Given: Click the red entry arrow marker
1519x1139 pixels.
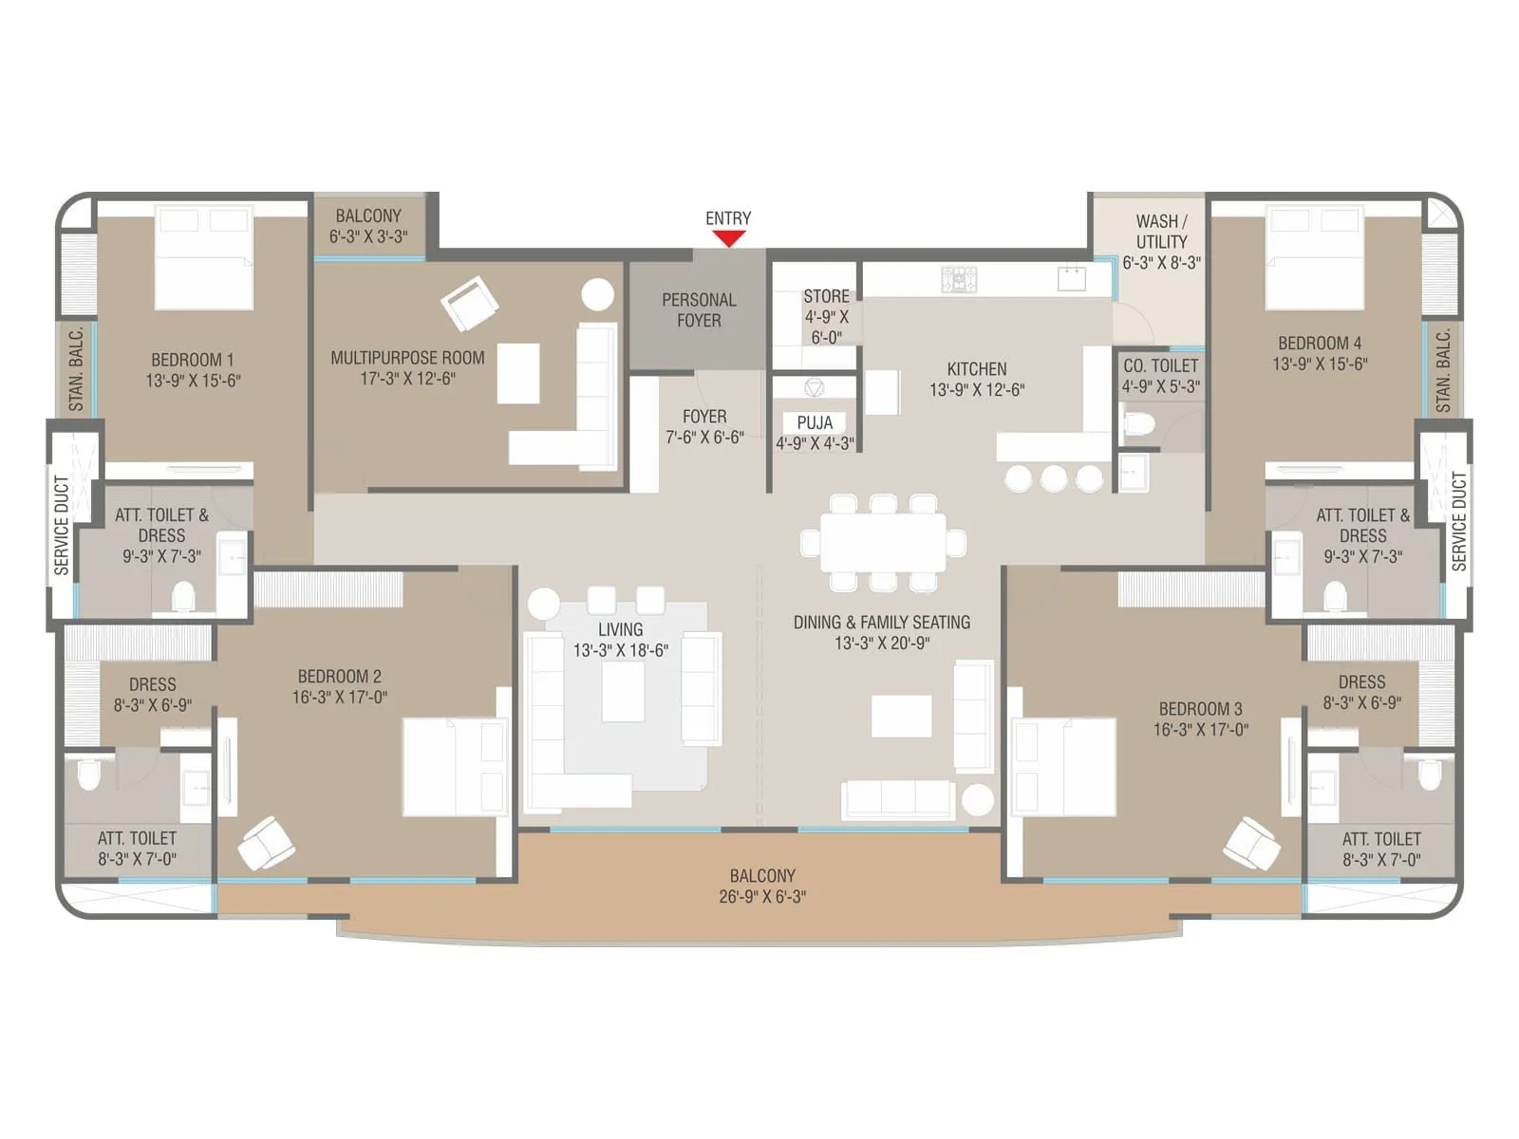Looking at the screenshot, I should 728,238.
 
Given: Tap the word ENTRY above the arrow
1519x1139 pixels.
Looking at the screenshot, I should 728,218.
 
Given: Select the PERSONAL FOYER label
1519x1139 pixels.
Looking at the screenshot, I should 699,310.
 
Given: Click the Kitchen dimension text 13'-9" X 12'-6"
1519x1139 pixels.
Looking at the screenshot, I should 977,390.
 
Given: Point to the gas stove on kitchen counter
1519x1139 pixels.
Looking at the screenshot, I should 959,279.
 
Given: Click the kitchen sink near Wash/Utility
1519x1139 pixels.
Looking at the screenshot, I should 1072,278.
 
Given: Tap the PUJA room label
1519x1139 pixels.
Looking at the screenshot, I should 815,422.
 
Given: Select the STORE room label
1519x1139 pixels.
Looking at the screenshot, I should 826,296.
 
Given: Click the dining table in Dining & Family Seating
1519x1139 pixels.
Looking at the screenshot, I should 882,543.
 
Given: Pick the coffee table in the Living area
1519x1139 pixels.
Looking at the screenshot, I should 623,691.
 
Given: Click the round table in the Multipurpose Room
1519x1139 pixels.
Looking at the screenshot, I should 597,294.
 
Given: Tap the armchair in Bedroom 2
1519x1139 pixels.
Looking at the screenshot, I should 266,843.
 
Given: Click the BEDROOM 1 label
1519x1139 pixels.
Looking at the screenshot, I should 193,360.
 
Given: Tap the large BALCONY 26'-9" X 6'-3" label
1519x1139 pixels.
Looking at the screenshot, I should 762,886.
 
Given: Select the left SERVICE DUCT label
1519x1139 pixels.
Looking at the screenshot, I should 62,525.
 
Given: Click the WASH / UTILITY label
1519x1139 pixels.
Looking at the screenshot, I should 1161,232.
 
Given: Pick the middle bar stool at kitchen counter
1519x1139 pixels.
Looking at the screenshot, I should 1053,477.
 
